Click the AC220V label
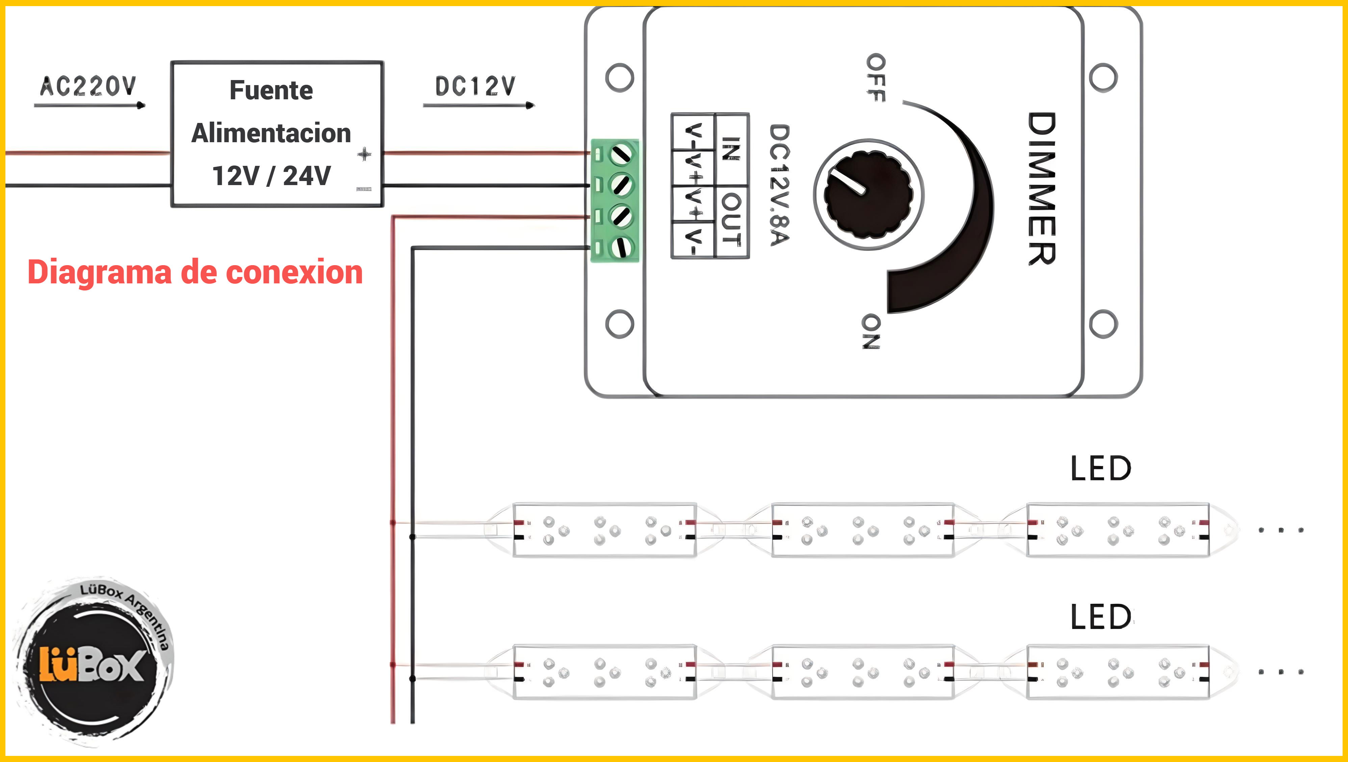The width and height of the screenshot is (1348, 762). [x=88, y=86]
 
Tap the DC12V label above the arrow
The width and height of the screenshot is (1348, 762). [x=475, y=86]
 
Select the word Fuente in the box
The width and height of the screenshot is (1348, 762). [x=271, y=90]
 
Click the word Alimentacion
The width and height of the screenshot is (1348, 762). [x=271, y=133]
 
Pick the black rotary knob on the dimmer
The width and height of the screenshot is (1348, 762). [x=868, y=194]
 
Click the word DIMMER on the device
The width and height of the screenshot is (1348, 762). [x=1041, y=188]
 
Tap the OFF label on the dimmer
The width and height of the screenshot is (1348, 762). [x=876, y=77]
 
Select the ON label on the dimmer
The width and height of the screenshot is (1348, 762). [x=871, y=331]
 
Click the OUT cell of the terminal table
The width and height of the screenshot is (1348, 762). [x=731, y=220]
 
